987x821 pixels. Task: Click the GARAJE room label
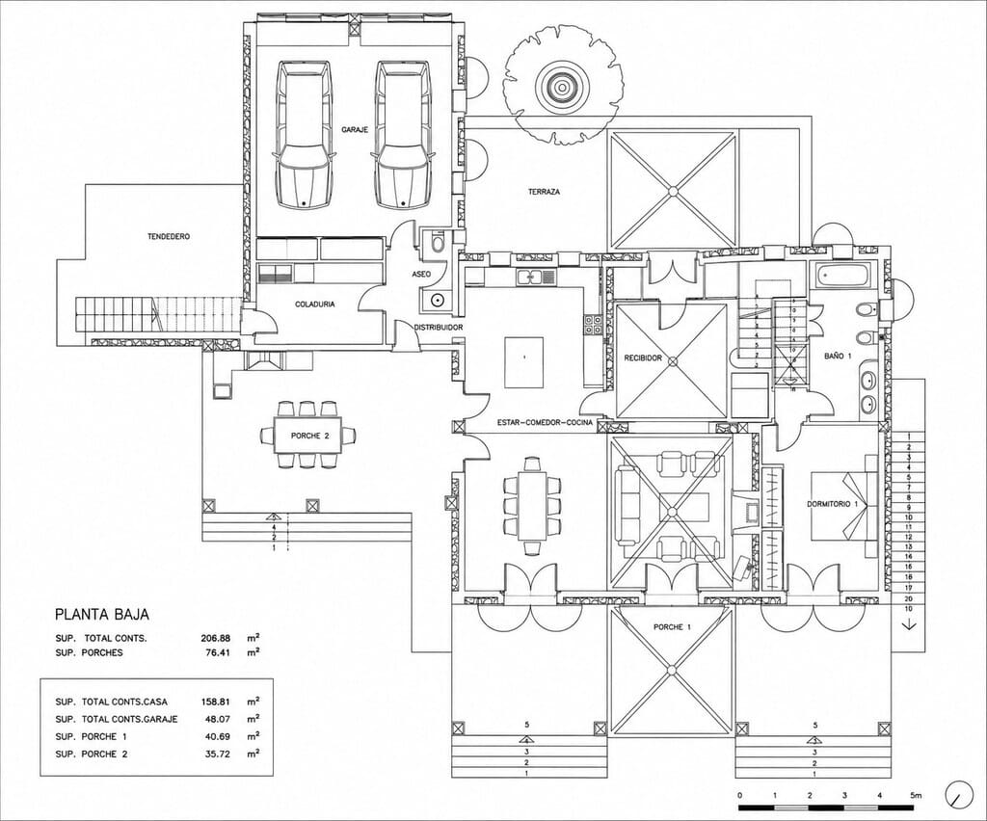pos(355,129)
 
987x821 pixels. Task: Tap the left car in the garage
pos(304,134)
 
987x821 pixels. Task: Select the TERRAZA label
pos(544,192)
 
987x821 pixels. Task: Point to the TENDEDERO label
pos(169,237)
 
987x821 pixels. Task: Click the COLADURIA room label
pos(315,305)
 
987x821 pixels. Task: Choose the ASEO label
pos(421,275)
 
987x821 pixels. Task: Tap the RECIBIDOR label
pos(643,358)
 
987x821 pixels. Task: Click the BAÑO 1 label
pos(838,357)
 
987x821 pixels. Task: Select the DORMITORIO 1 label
pos(833,505)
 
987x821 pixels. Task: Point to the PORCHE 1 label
pos(672,627)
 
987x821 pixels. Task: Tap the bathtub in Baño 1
pos(844,275)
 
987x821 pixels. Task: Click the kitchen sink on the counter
pos(536,277)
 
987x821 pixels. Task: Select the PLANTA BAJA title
pos(102,614)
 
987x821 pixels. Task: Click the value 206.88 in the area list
pos(215,638)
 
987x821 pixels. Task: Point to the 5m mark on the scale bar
pos(916,795)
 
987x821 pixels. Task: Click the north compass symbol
pos(958,795)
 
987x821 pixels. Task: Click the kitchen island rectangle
pos(523,362)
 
